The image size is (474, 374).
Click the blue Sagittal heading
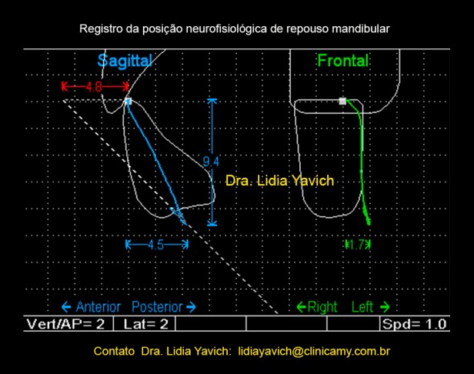point(125,60)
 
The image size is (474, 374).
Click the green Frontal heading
point(343,60)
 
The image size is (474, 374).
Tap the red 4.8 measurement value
point(95,86)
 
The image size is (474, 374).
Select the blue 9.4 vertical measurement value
point(211,161)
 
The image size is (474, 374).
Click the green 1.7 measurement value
point(358,244)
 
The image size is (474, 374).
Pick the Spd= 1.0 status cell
point(415,324)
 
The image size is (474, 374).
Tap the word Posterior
point(157,306)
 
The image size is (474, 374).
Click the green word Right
point(322,306)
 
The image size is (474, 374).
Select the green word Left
point(362,306)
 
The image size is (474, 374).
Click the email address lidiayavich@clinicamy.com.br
point(315,351)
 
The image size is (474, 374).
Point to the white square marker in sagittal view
point(129,101)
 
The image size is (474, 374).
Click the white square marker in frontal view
point(342,101)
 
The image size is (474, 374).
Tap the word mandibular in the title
point(362,29)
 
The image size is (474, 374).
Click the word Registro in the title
point(99,29)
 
